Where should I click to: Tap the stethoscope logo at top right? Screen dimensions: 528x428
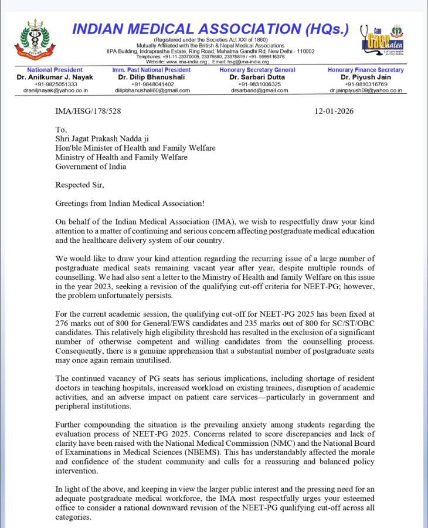tap(381, 40)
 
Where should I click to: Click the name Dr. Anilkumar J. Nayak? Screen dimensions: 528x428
tap(47, 77)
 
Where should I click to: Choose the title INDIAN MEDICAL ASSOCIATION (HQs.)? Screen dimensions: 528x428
tap(210, 29)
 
